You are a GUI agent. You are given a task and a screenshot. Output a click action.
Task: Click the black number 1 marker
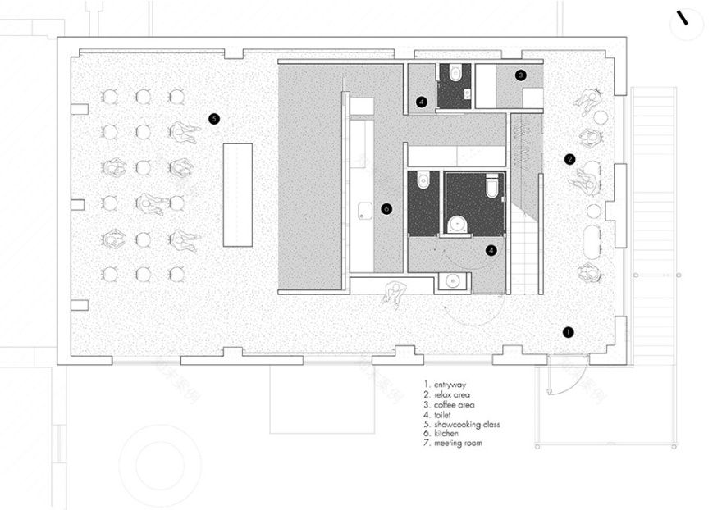(567, 332)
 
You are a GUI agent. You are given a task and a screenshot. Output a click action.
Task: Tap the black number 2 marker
(569, 159)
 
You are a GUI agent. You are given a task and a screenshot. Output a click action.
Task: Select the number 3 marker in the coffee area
(520, 75)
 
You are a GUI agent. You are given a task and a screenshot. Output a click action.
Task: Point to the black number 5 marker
(213, 119)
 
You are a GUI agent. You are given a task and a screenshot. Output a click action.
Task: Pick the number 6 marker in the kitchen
(386, 209)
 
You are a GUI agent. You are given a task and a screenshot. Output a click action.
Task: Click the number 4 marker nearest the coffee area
(422, 102)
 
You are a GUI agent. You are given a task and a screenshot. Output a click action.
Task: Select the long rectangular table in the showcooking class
(237, 195)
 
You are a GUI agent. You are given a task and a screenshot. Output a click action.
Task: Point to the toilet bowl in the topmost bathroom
(455, 75)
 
